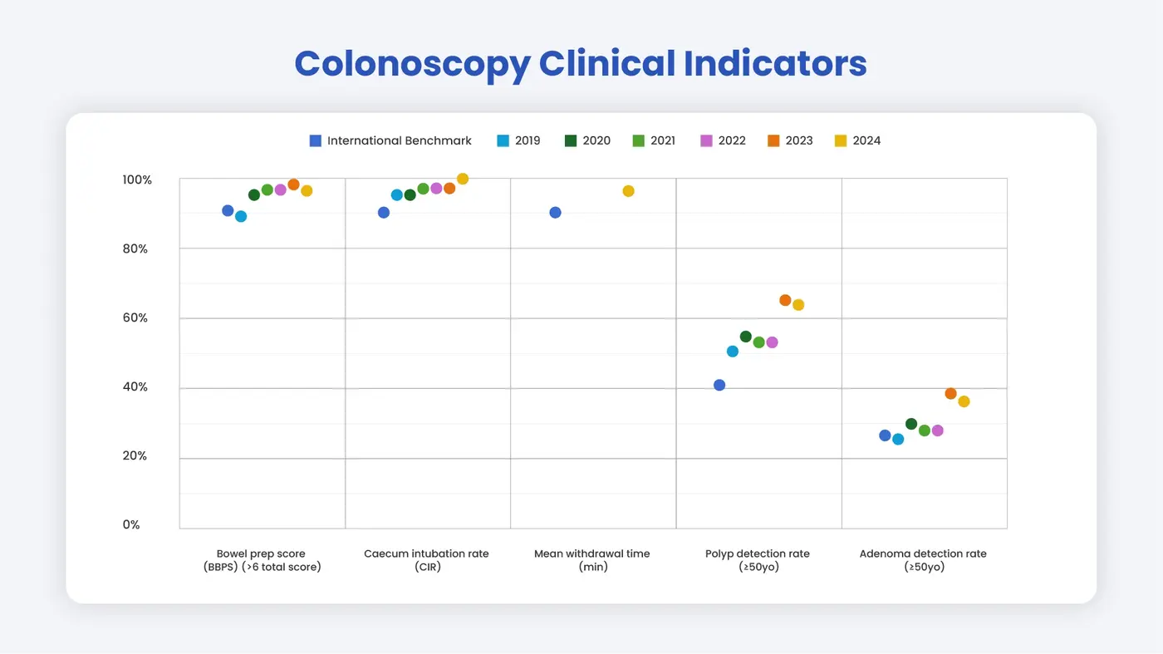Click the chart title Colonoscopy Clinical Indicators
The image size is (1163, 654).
tap(581, 64)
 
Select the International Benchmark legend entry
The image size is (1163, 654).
tap(390, 140)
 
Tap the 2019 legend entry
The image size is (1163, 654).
tap(518, 140)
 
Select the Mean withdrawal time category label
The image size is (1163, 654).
tap(592, 560)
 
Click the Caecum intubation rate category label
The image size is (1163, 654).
tap(426, 560)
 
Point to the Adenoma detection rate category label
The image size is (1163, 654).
tap(923, 560)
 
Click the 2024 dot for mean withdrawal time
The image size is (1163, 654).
tap(628, 191)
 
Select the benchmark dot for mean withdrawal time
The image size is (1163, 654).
tap(555, 213)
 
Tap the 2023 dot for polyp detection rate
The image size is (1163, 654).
tap(785, 300)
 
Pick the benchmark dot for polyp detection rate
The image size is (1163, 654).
tap(719, 385)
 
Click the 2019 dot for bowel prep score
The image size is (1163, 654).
tap(241, 216)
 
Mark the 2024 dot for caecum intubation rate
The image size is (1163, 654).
tap(463, 179)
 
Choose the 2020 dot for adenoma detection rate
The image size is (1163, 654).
tap(911, 424)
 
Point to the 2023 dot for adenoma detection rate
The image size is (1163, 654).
tap(950, 394)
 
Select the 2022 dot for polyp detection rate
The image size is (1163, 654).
tap(772, 342)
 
